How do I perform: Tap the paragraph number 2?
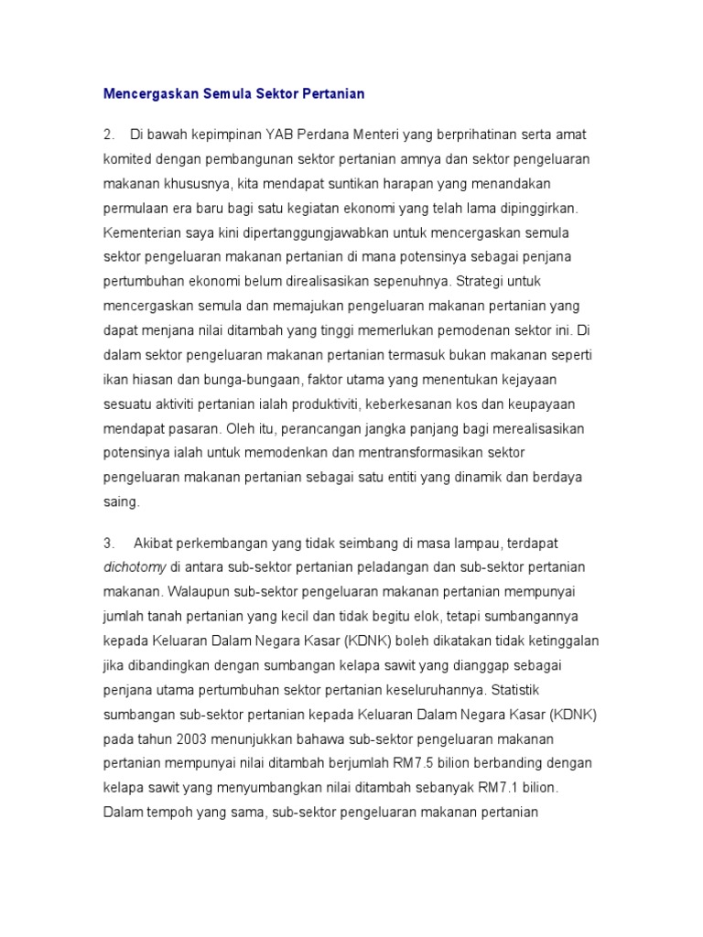(x=109, y=135)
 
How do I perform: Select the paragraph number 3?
(x=109, y=543)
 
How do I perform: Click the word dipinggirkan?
(x=537, y=208)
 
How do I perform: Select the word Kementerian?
(x=146, y=232)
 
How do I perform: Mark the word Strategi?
(x=505, y=281)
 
